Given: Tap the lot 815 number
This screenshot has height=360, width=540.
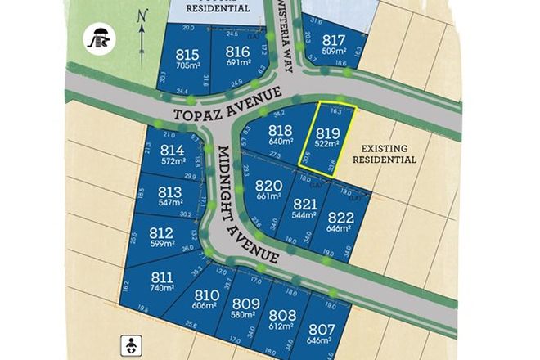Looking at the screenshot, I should (187, 54).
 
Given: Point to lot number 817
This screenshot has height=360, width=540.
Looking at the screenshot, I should (334, 41).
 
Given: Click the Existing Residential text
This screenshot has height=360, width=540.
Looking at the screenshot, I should (385, 153).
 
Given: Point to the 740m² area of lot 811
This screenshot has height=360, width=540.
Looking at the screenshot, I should (162, 288).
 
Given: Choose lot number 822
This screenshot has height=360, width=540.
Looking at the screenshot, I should (340, 217).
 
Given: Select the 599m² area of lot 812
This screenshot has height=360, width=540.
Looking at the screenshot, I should (161, 244).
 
